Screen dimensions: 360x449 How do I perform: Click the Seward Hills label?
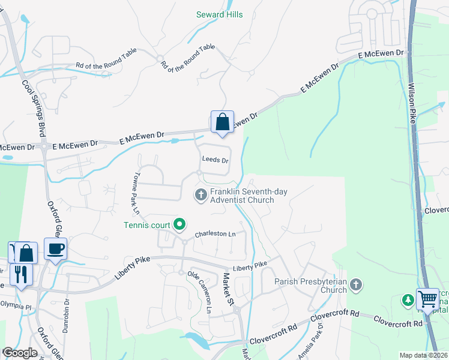click(x=220, y=14)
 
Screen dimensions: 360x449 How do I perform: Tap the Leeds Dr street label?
click(x=215, y=160)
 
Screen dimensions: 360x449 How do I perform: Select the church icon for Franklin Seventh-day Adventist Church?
click(x=200, y=194)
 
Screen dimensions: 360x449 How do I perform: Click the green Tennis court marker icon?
click(x=179, y=225)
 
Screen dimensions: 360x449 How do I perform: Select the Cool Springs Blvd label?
click(x=35, y=111)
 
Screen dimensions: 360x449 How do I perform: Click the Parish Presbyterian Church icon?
click(x=357, y=285)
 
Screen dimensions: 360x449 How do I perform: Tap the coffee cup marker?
click(x=55, y=249)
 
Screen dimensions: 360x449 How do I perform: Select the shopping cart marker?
click(x=427, y=298)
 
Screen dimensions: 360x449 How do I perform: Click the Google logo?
click(x=19, y=353)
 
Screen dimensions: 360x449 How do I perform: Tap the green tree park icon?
click(x=408, y=299)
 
